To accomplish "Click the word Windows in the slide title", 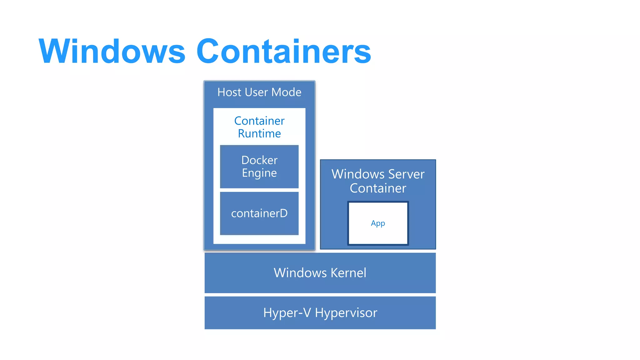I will pos(112,51).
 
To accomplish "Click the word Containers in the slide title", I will pos(283,51).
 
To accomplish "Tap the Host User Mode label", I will pos(259,92).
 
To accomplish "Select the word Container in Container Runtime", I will pos(259,121).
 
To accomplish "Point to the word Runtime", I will pos(259,134).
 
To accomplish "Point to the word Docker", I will pos(259,160).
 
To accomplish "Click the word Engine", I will pos(259,173).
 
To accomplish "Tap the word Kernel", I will pos(348,273).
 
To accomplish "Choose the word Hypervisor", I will pos(346,313).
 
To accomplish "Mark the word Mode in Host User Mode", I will pos(286,92).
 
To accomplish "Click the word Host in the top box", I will pos(229,92).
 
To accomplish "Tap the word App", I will pos(378,223).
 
